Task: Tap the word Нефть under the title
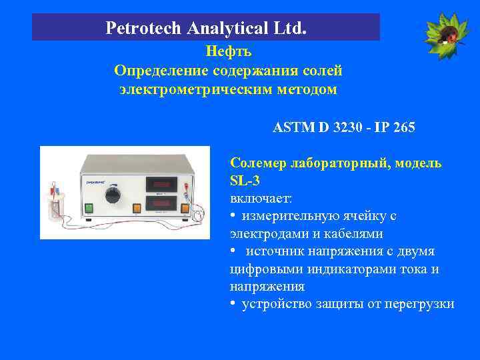pyautogui.click(x=228, y=51)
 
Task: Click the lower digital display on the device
pyautogui.click(x=161, y=203)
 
